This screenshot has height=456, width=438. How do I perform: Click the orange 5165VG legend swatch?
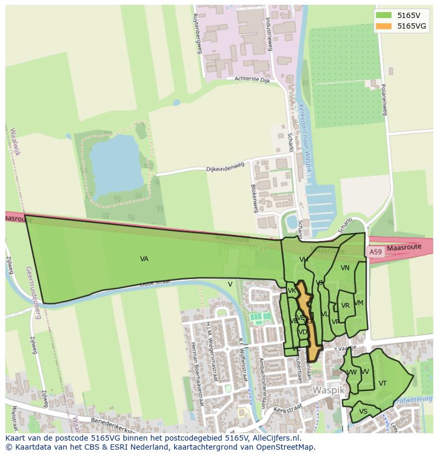384,26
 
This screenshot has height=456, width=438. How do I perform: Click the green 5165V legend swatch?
384,15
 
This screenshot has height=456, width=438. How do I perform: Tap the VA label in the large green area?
144,259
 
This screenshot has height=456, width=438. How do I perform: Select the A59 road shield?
375,252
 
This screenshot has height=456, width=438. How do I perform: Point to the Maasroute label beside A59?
404,247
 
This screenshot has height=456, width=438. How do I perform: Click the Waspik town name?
328,390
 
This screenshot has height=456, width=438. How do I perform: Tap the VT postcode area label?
382,383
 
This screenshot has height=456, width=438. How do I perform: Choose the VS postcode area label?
363,412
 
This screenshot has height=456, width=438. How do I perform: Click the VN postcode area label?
345,268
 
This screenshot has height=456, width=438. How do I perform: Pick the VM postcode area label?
359,303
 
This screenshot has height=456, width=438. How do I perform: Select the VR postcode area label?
345,306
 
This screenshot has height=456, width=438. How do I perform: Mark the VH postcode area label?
304,260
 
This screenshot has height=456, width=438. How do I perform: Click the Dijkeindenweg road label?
225,168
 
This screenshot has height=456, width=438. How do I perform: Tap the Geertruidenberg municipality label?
33,292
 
